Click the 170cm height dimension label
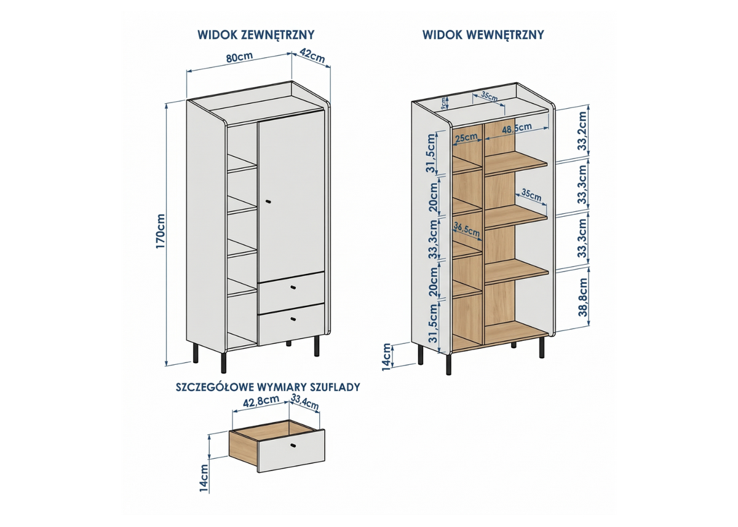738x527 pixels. coord(161,231)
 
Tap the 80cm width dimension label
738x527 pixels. coord(239,57)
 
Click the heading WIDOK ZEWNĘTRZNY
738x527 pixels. coord(256,35)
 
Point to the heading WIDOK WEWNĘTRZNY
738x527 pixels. coord(483,35)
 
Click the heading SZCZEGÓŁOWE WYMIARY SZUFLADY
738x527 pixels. coord(268,387)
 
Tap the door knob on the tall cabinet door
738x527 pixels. coord(268,201)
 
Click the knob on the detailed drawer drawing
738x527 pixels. coord(293,446)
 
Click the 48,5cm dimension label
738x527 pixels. coord(517,128)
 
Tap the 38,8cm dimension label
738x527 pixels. coord(583,297)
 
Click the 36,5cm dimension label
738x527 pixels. coord(467,228)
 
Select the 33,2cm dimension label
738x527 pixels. coord(583,131)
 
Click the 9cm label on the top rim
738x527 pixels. coord(444,103)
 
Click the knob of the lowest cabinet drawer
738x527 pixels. coord(293,319)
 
